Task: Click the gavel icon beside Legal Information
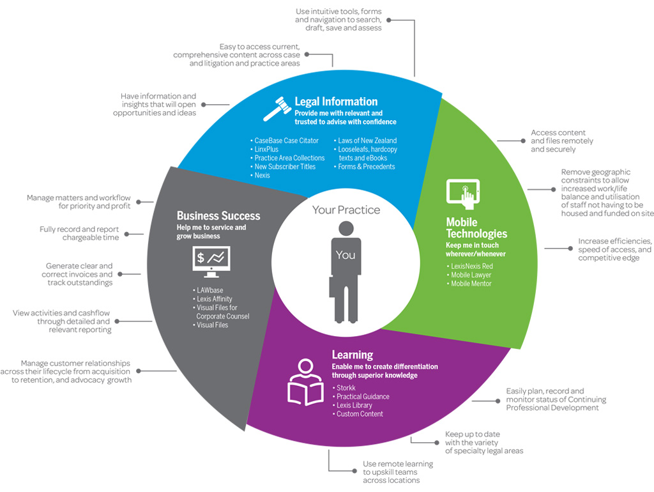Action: (277, 109)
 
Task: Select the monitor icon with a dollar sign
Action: (211, 261)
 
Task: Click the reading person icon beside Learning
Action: (306, 382)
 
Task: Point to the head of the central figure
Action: (346, 228)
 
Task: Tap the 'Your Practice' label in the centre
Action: (346, 210)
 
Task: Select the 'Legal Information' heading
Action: (336, 102)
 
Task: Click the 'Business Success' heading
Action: (218, 215)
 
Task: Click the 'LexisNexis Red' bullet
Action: (469, 266)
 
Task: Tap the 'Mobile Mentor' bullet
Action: (469, 284)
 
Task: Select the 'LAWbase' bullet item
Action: (208, 290)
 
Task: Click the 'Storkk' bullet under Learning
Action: (344, 388)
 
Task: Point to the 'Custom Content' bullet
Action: (358, 414)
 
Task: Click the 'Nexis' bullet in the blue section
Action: (260, 175)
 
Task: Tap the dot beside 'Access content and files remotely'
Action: (522, 141)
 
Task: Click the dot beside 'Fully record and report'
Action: (127, 234)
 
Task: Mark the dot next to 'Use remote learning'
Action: (354, 471)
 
